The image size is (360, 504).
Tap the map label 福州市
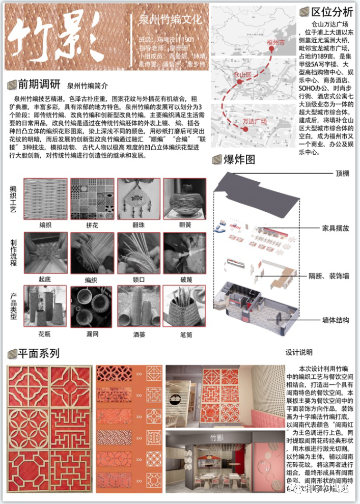[x=275, y=44]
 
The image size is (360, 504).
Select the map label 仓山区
[x=242, y=74]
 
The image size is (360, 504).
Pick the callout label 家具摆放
[x=336, y=228]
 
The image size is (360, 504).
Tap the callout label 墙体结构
[x=336, y=320]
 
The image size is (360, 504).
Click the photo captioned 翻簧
[x=184, y=199]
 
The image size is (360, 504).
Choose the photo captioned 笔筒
[x=184, y=305]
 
